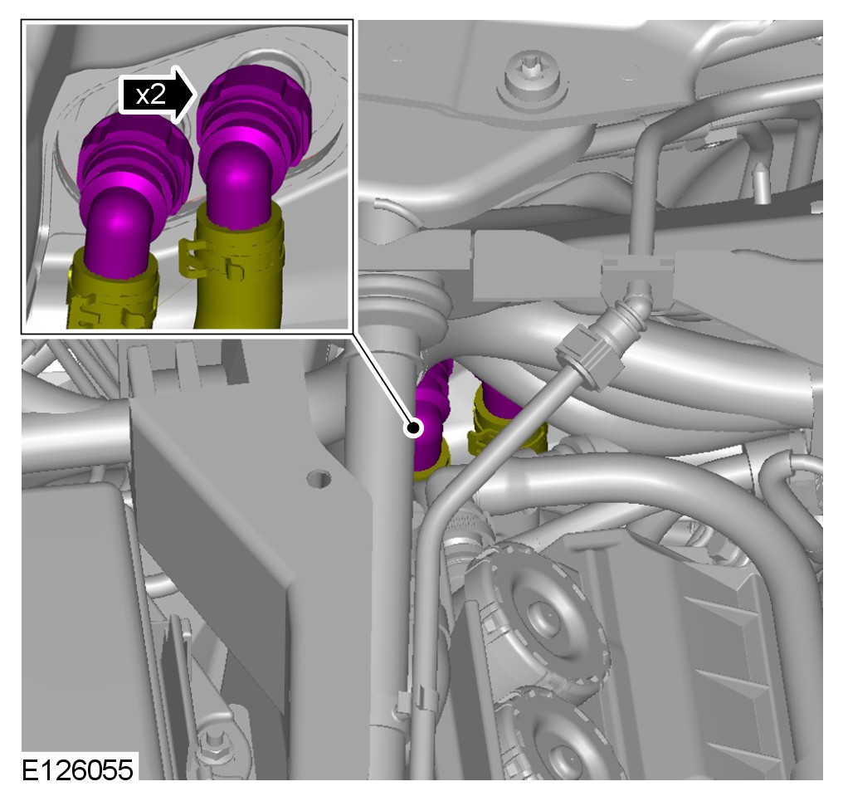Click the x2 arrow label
pyautogui.click(x=156, y=95)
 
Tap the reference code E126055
pyautogui.click(x=77, y=769)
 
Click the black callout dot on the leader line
pyautogui.click(x=413, y=428)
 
